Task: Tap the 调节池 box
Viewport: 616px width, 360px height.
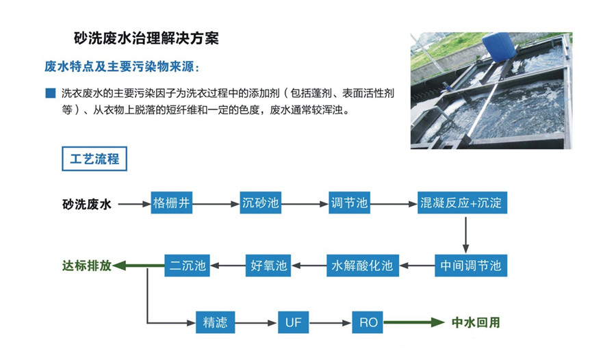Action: coord(349,203)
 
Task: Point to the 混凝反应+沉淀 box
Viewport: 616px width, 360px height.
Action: coord(464,203)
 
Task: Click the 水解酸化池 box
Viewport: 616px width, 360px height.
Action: coord(362,266)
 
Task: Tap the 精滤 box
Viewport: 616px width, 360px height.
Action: coord(215,322)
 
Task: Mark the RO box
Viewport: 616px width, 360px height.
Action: coord(368,322)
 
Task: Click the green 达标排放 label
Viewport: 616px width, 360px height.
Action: coord(86,266)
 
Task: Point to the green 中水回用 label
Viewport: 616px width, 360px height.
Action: coord(476,322)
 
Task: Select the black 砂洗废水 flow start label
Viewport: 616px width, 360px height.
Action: coord(87,204)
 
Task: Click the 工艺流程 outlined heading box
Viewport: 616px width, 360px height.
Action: coord(94,159)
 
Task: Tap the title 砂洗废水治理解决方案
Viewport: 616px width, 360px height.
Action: coord(146,38)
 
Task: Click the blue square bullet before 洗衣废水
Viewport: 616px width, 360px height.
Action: coord(49,92)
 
